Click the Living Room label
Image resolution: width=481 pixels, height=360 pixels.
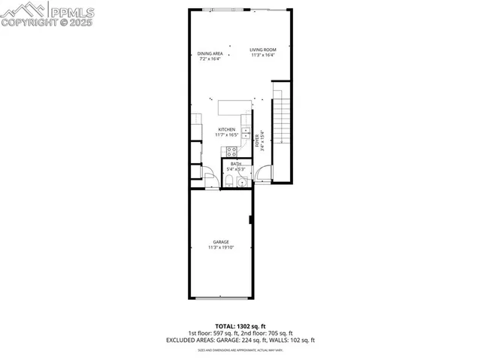pos(263,50)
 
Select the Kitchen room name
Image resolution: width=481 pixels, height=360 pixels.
pos(226,130)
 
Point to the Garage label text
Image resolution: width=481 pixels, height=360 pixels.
pos(221,241)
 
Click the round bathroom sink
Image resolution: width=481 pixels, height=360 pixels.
pos(242,183)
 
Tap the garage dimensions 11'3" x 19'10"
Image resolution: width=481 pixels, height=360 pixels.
pos(221,247)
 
